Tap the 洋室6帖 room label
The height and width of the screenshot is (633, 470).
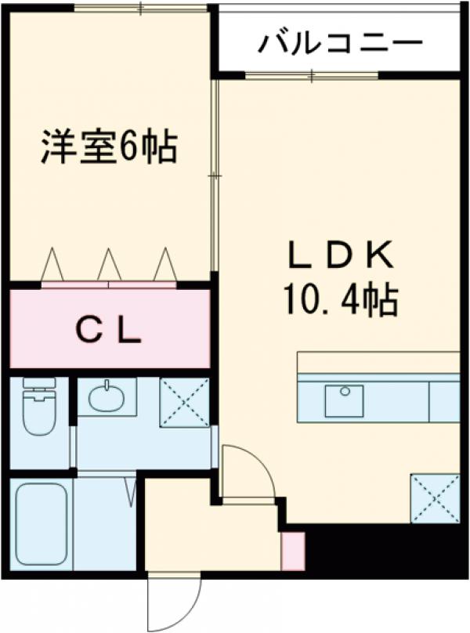click(x=108, y=146)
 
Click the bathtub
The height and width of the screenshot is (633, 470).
click(x=41, y=522)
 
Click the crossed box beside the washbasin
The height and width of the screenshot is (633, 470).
click(x=184, y=402)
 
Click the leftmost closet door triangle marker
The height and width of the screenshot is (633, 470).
click(x=52, y=264)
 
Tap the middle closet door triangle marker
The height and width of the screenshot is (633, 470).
click(x=108, y=264)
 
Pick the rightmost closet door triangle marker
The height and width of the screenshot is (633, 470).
click(x=164, y=264)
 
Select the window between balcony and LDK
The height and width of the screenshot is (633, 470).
click(x=312, y=75)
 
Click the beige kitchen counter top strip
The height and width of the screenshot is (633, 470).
click(x=378, y=363)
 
